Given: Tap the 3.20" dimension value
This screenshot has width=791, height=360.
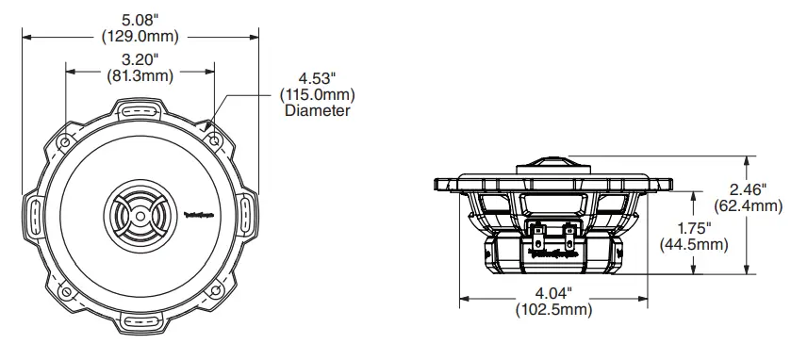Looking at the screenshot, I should [x=140, y=57].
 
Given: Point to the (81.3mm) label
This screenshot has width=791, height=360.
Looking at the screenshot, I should [x=140, y=75].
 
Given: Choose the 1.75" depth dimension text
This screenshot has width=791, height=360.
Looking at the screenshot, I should [x=696, y=227].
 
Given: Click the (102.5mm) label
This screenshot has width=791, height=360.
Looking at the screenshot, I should [x=553, y=309].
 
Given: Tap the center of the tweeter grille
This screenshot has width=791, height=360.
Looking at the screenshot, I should [x=140, y=216].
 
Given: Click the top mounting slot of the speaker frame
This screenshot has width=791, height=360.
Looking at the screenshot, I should [x=140, y=109].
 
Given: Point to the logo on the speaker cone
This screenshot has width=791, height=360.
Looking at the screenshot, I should [x=193, y=216].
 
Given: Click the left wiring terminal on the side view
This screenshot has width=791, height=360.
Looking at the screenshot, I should [x=539, y=229].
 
